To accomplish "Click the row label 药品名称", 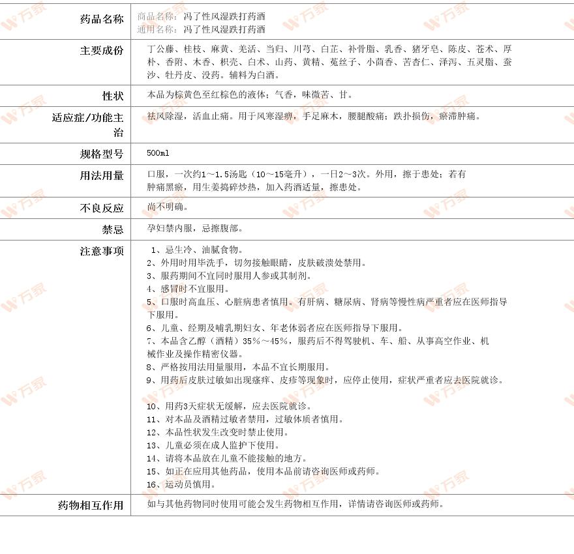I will click(102, 19).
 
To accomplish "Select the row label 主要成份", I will click(102, 50).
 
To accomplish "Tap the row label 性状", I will click(113, 96).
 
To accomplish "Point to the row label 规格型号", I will click(102, 154).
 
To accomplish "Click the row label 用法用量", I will click(102, 175).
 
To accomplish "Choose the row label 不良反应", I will click(102, 209).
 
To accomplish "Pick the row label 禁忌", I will click(113, 229).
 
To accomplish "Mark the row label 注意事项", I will click(102, 251).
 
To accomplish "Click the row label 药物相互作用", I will click(91, 505).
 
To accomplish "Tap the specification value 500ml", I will click(158, 153).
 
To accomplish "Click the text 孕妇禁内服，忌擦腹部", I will click(195, 229).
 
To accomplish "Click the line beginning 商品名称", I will click(202, 16).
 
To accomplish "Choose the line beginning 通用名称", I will click(202, 29).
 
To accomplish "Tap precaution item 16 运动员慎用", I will click(181, 484).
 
